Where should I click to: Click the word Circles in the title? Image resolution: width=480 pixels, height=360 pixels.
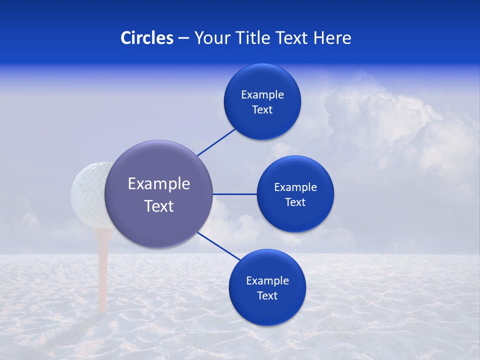[x=146, y=38]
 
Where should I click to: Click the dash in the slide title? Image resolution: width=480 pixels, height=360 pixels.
[x=183, y=38]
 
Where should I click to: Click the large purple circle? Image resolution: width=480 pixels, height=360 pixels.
[x=158, y=220]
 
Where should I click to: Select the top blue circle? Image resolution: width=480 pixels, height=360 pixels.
[x=262, y=122]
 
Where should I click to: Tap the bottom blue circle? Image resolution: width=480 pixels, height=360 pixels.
[x=267, y=310]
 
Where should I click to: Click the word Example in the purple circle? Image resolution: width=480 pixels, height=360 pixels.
[x=158, y=184]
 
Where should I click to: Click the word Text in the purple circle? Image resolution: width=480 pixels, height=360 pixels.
[x=158, y=206]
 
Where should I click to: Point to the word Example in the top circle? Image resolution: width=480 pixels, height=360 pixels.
[x=262, y=95]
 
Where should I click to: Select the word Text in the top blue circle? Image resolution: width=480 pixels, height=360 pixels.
[x=262, y=110]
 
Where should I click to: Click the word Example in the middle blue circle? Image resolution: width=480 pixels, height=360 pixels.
[x=295, y=187]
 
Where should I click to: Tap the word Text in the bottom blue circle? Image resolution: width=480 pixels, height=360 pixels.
[x=267, y=296]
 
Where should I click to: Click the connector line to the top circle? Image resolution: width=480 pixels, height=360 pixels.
[x=216, y=142]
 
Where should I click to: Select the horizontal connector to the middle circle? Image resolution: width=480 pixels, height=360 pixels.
[x=234, y=194]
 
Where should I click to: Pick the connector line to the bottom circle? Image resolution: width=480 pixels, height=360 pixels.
[x=219, y=246]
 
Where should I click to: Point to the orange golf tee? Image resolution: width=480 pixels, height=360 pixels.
[x=103, y=270]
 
